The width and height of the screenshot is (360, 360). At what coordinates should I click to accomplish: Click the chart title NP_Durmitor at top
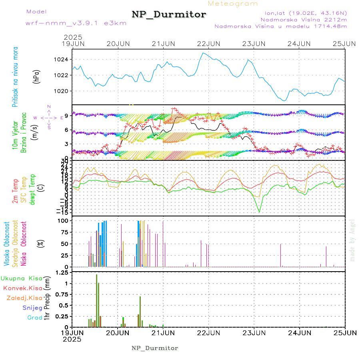(x=169, y=15)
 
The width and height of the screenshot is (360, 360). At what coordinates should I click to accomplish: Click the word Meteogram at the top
(x=233, y=4)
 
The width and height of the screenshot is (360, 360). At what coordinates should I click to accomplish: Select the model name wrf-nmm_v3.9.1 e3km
(x=76, y=23)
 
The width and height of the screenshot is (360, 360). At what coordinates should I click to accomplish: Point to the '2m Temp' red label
(x=15, y=191)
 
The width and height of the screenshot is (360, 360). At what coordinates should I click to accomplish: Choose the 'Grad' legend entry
(x=35, y=318)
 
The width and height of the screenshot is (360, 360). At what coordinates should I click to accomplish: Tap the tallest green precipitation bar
(x=96, y=300)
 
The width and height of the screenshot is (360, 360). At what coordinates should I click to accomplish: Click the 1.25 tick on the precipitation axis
(x=61, y=272)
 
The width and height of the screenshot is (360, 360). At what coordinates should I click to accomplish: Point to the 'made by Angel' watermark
(x=352, y=240)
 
